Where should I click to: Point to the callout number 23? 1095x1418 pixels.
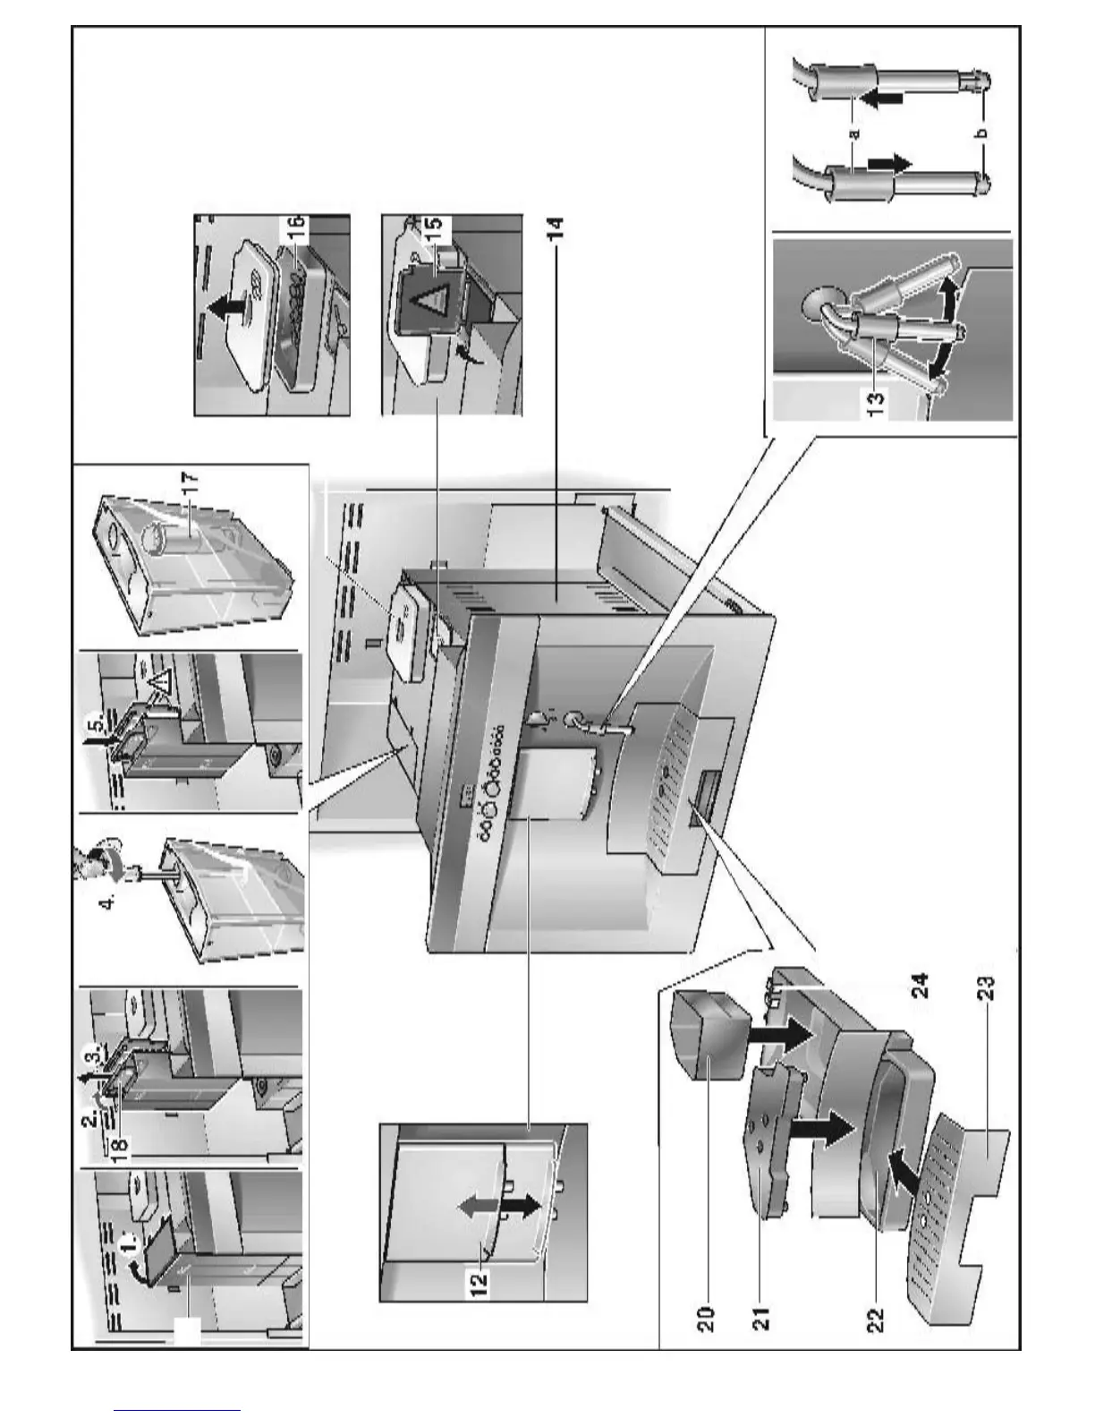pos(986,992)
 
